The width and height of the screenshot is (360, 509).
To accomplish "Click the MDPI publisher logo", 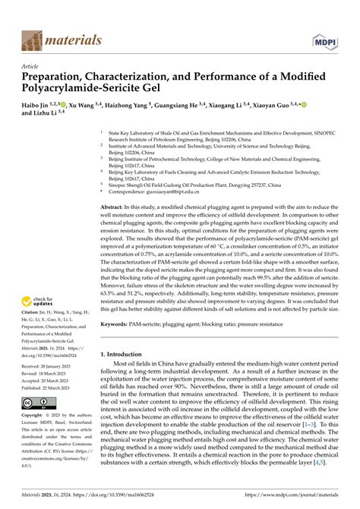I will (x=323, y=38).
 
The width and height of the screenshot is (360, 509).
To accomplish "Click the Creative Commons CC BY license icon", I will (x=36, y=403).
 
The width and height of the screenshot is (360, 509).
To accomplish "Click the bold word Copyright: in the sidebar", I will (x=34, y=416).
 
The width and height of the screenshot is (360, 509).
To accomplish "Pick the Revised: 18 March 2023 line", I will (x=51, y=374).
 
